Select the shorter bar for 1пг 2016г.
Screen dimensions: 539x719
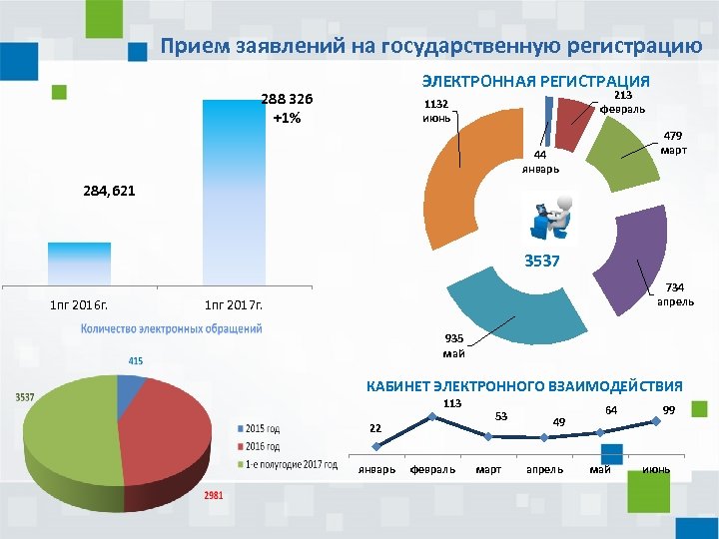79,264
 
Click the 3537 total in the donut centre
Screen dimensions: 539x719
543,263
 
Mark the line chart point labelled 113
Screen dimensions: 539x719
431,415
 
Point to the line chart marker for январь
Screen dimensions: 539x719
376,446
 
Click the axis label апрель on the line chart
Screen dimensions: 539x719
544,469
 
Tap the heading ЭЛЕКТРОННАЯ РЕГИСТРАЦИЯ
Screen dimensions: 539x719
535,81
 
